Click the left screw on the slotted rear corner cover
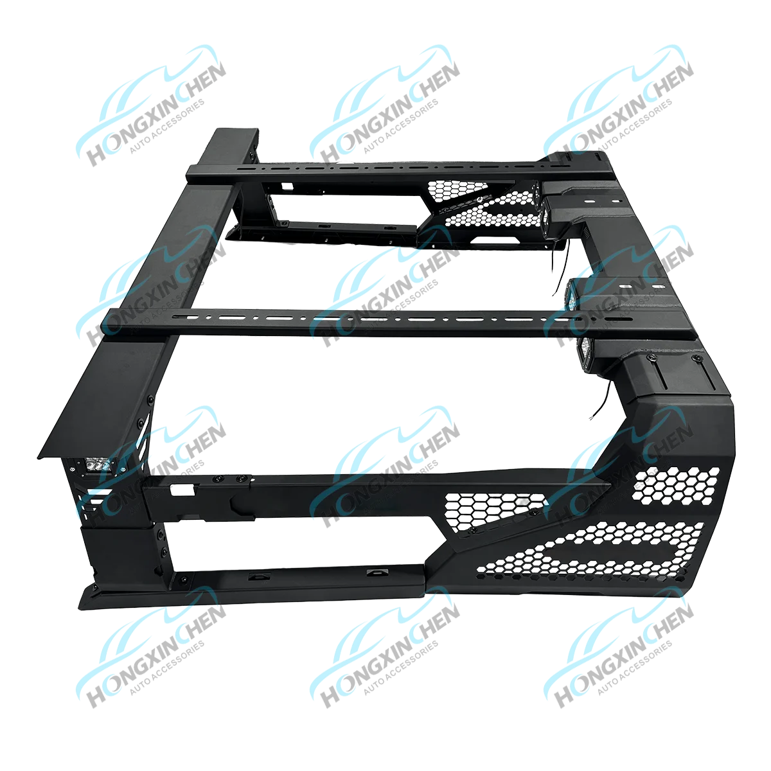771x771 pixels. tap(652, 357)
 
